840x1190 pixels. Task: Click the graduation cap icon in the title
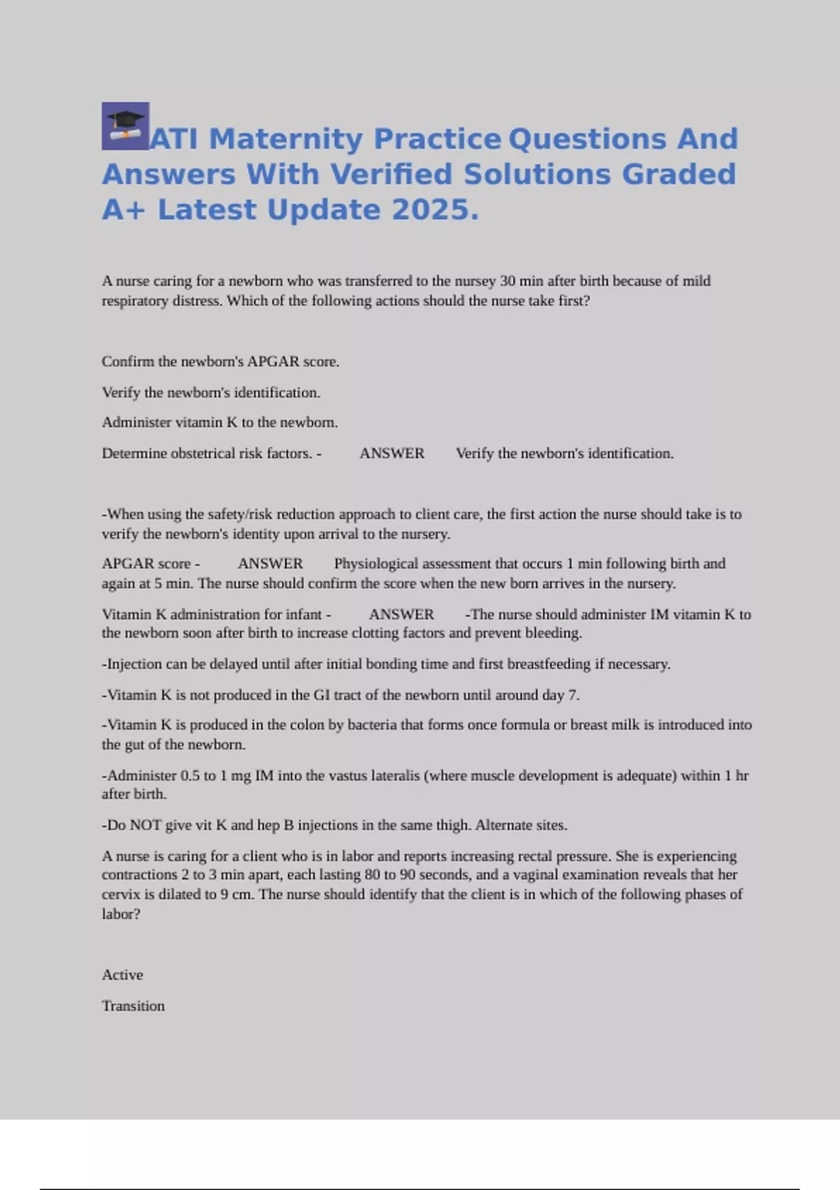pyautogui.click(x=125, y=126)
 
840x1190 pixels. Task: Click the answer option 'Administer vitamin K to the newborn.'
pyautogui.click(x=220, y=423)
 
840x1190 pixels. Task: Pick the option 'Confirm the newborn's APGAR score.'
pyautogui.click(x=220, y=362)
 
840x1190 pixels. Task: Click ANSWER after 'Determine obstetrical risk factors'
pyautogui.click(x=392, y=454)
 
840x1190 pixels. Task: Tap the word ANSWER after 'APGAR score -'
pyautogui.click(x=270, y=563)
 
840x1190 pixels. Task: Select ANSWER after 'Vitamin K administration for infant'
pyautogui.click(x=401, y=615)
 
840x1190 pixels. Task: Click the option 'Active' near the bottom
pyautogui.click(x=122, y=975)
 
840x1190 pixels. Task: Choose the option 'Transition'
pyautogui.click(x=133, y=1006)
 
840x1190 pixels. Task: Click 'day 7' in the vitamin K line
pyautogui.click(x=560, y=695)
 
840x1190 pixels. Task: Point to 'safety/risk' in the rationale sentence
pyautogui.click(x=240, y=514)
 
